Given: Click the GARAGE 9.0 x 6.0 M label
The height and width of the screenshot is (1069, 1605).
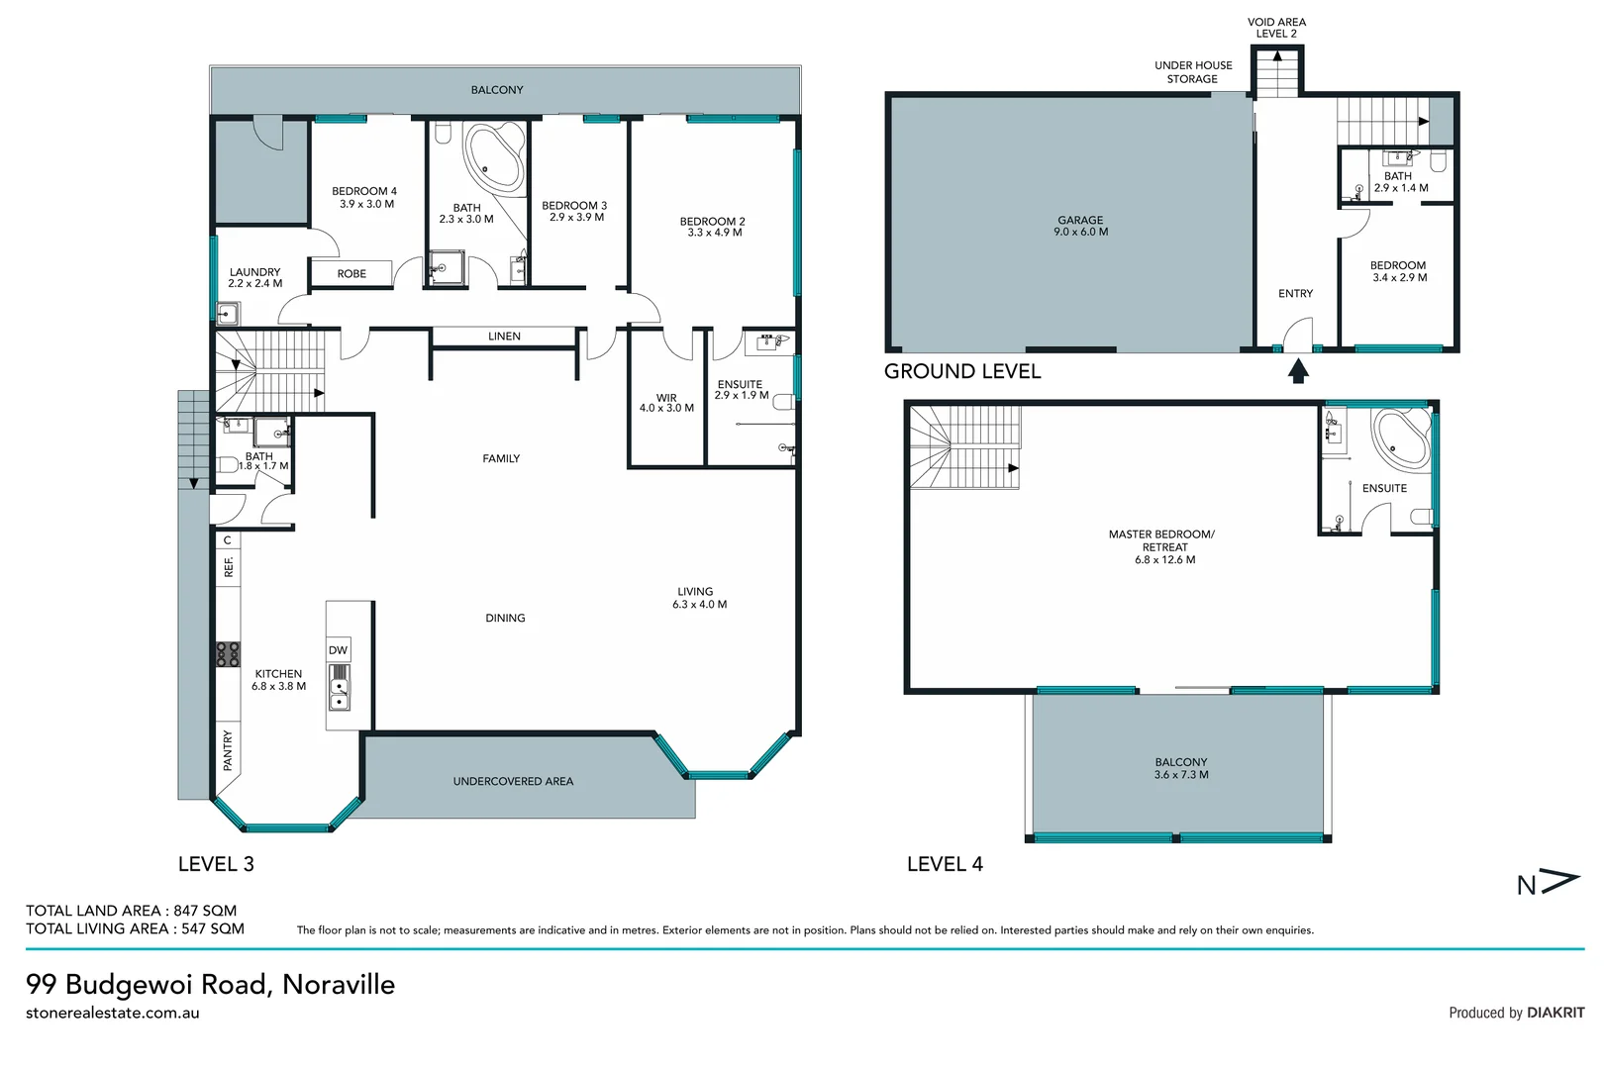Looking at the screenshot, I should coord(1080,226).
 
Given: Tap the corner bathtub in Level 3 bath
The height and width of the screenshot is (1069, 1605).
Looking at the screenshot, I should coord(493,156).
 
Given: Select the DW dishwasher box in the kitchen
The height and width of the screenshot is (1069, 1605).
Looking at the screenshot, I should coord(338,650).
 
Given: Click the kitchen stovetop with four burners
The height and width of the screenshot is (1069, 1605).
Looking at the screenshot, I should coord(228,654).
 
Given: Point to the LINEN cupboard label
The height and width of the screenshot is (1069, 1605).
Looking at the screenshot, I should coord(504,337).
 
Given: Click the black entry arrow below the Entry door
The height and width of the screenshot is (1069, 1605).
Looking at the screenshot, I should coord(1298,371).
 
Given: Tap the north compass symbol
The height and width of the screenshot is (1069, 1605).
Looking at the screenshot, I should coord(1547,883).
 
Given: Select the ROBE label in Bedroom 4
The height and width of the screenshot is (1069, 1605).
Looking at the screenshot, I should coord(351,273).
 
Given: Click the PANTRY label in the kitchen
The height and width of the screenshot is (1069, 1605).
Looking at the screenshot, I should coord(228,750).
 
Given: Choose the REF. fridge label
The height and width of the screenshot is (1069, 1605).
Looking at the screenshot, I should coord(229,567).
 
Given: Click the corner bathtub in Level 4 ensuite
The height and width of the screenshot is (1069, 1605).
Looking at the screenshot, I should coord(1401,437).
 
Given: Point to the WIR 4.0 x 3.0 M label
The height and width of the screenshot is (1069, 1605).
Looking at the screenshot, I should coord(666,403).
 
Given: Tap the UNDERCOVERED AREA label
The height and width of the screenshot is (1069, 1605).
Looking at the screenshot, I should coord(513,781).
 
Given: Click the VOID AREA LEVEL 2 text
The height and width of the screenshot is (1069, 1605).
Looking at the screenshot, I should coord(1276,28).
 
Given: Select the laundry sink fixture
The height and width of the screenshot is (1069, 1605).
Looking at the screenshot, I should coord(228,315).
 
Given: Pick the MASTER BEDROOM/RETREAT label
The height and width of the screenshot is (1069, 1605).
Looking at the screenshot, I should coord(1163,546).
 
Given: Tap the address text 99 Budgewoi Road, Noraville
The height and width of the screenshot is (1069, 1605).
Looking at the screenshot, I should coord(210,984).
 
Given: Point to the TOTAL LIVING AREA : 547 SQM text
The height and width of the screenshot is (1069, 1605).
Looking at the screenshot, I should coord(135,928).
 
